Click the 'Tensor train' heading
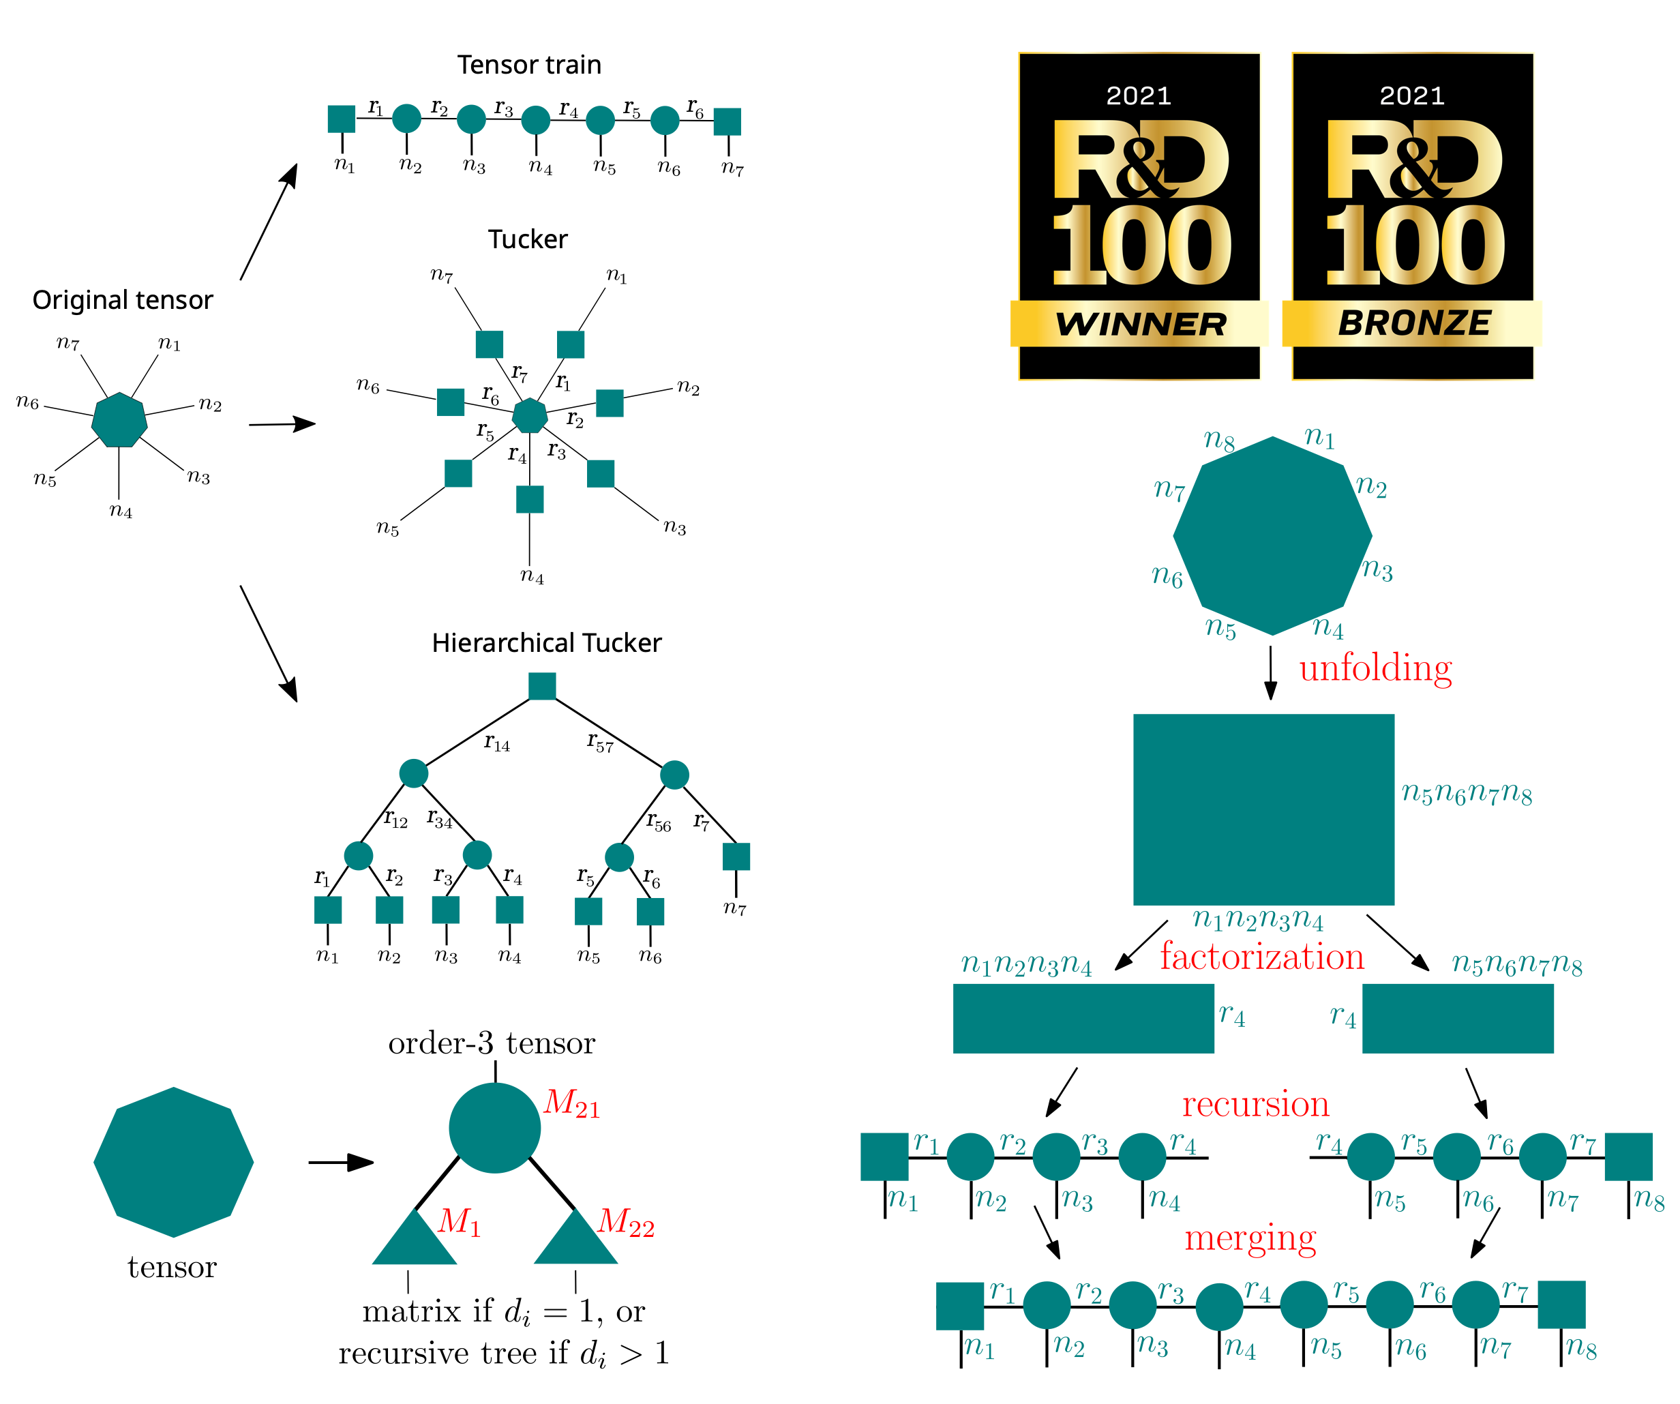pos(529,65)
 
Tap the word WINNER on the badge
pos(1140,324)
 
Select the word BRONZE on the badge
pos(1413,323)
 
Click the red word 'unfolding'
pos(1375,668)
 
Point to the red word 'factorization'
pos(1261,957)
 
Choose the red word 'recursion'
pos(1255,1104)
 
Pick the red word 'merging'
pos(1250,1238)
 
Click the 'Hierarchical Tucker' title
pos(546,643)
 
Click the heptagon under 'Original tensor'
pos(119,419)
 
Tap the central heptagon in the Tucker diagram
pos(530,416)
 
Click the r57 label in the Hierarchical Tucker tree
pos(600,743)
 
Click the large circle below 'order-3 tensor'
pos(494,1128)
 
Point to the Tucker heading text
pos(528,239)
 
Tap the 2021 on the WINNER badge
pos(1139,96)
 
